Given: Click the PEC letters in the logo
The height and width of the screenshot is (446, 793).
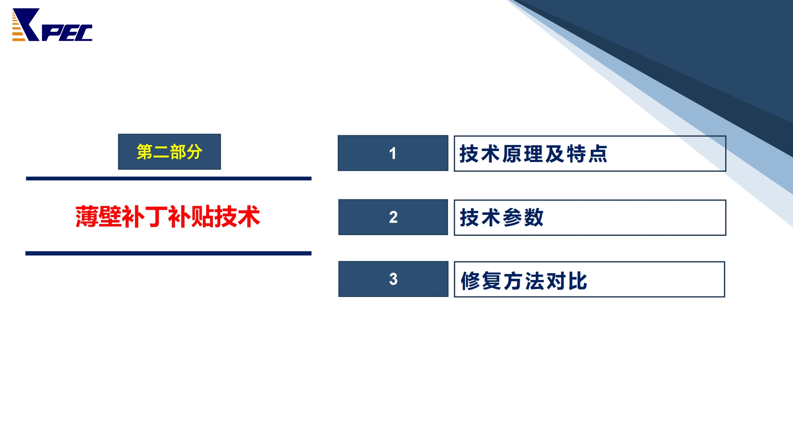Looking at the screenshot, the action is [67, 33].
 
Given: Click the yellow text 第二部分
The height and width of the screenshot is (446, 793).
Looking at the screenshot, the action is [169, 152].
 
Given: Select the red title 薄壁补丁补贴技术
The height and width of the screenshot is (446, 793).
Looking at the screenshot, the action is [168, 216].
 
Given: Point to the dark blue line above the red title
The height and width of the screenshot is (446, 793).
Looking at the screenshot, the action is [169, 178].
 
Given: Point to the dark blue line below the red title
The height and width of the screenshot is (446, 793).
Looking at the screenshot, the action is [169, 253].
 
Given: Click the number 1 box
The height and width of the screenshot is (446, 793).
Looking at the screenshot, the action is [393, 153].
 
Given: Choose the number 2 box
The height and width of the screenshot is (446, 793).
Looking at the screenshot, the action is [393, 217].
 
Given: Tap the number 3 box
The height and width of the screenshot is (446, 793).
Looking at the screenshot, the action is [393, 279].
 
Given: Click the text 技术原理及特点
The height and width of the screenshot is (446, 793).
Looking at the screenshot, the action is [533, 154].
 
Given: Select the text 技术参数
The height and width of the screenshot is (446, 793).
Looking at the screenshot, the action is [502, 218].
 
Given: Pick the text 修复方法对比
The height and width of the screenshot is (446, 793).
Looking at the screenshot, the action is [524, 281].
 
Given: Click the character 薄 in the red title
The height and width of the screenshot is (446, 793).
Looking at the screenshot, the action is [87, 216].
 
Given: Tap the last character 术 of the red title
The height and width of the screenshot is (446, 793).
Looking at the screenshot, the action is [249, 216].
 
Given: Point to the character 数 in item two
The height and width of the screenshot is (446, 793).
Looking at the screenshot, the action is [534, 218].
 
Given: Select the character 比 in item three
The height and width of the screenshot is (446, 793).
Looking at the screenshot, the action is [578, 281].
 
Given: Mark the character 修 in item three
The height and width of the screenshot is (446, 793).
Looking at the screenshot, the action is [471, 281].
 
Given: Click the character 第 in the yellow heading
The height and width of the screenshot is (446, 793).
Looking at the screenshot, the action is [145, 152].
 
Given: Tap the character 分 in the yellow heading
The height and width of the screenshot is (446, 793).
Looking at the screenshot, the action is [194, 152].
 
